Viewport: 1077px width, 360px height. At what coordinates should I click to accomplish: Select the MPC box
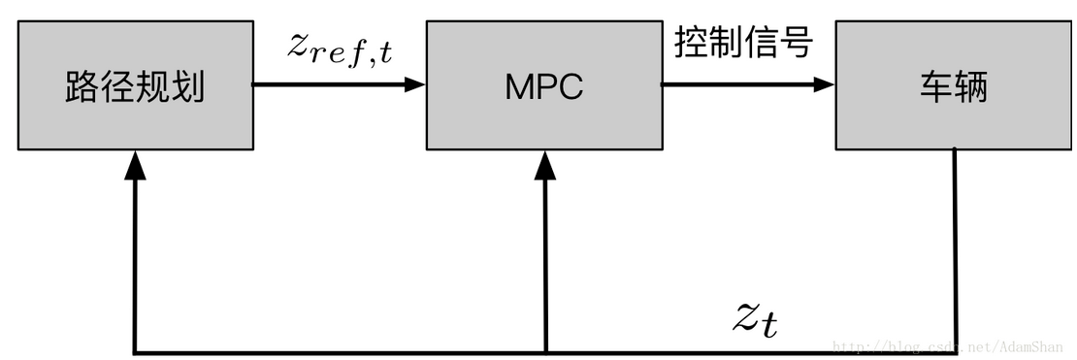pyautogui.click(x=543, y=87)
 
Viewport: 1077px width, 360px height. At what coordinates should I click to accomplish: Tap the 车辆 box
pyautogui.click(x=955, y=87)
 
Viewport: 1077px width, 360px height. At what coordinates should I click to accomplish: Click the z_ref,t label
pyautogui.click(x=339, y=48)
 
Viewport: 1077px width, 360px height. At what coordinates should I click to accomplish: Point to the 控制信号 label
pyautogui.click(x=742, y=44)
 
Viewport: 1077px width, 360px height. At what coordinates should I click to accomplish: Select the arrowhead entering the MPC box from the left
pyautogui.click(x=415, y=84)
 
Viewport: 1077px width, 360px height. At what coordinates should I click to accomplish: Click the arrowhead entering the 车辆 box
pyautogui.click(x=825, y=84)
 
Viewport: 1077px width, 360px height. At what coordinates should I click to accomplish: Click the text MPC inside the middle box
pyautogui.click(x=543, y=87)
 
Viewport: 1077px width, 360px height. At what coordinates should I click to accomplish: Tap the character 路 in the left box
pyautogui.click(x=82, y=88)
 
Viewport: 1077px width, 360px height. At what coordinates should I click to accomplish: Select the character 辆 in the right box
pyautogui.click(x=972, y=88)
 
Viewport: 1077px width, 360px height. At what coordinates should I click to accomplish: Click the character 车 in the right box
pyautogui.click(x=936, y=88)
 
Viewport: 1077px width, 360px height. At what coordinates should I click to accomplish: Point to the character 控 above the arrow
pyautogui.click(x=691, y=44)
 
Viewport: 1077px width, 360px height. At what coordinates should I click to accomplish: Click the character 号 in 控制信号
pyautogui.click(x=795, y=44)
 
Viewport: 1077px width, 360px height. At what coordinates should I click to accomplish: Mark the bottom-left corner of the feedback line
pyautogui.click(x=135, y=351)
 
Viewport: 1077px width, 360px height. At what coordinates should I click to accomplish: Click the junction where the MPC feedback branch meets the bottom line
pyautogui.click(x=546, y=351)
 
